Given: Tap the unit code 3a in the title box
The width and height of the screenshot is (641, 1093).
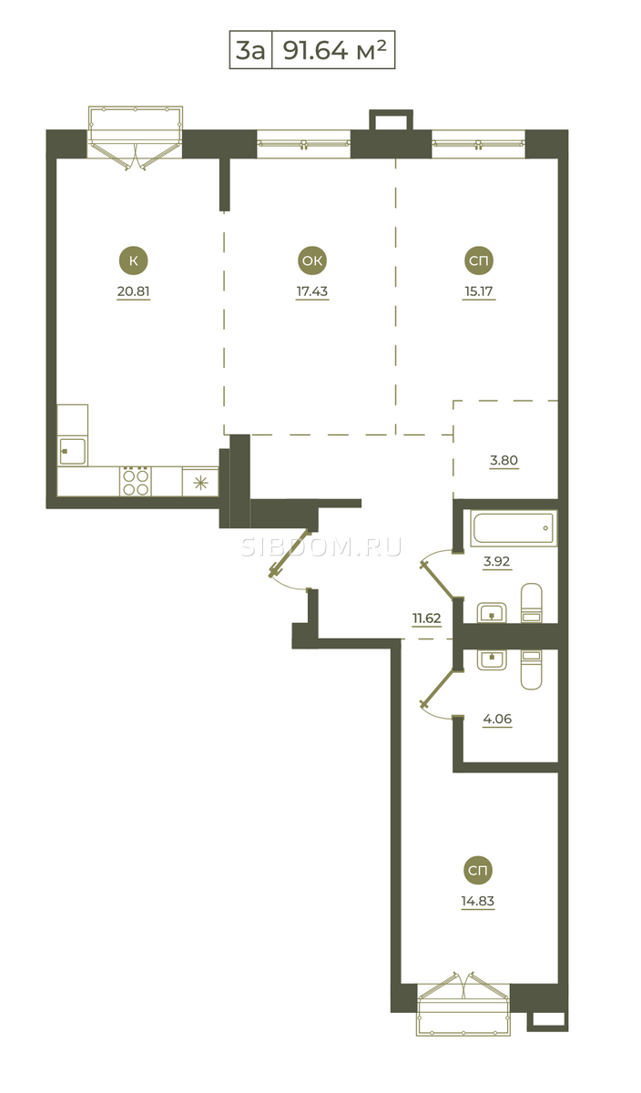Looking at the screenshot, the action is tap(250, 50).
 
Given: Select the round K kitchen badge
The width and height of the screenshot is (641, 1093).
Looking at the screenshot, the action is tap(133, 260).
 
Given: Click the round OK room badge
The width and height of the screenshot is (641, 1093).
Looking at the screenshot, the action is tap(312, 260).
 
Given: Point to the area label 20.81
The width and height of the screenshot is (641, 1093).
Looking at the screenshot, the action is tap(133, 291).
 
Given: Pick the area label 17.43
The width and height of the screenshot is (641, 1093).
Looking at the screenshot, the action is tap(312, 291).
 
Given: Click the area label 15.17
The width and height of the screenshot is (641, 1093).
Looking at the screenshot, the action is tap(479, 291).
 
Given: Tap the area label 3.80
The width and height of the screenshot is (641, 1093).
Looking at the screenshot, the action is tap(504, 460).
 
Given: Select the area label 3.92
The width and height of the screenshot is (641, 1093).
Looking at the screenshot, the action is tap(496, 561).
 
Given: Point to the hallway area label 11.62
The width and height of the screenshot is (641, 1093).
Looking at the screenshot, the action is tap(427, 618).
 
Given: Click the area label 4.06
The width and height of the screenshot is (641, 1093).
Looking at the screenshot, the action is tap(497, 719).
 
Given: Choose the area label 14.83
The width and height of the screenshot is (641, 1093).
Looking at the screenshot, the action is tap(478, 901).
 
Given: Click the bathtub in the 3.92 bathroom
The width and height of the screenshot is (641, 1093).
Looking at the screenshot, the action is tap(514, 528).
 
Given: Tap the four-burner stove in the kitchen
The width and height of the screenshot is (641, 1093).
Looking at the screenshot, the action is tap(136, 481).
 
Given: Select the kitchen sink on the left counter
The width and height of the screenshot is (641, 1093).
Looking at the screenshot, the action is tap(72, 452).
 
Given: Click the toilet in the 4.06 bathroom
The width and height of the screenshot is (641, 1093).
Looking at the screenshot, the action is tap(531, 670).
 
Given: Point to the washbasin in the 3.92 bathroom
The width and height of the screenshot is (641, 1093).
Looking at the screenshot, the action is tap(492, 613).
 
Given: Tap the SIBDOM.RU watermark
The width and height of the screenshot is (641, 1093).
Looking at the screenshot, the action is tap(321, 547).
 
